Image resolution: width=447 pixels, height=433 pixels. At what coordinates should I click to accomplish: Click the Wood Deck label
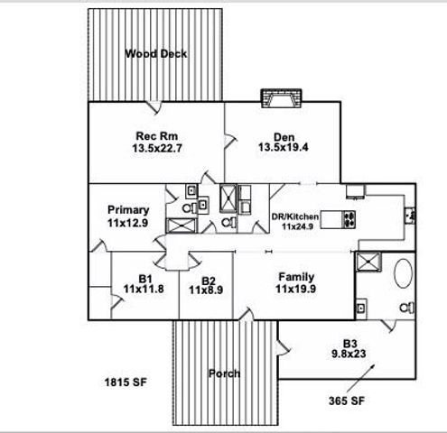(156, 53)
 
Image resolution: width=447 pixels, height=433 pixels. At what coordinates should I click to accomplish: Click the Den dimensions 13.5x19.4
(281, 146)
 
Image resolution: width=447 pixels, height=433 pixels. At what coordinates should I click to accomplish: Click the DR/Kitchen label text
(294, 217)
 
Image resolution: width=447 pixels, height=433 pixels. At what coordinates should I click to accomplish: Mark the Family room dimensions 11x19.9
(295, 290)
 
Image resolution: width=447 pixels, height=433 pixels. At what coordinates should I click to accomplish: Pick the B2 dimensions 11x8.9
(207, 290)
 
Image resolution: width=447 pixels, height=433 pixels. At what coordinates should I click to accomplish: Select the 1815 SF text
(126, 382)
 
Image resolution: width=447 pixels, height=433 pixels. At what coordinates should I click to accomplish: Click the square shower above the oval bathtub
(367, 262)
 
